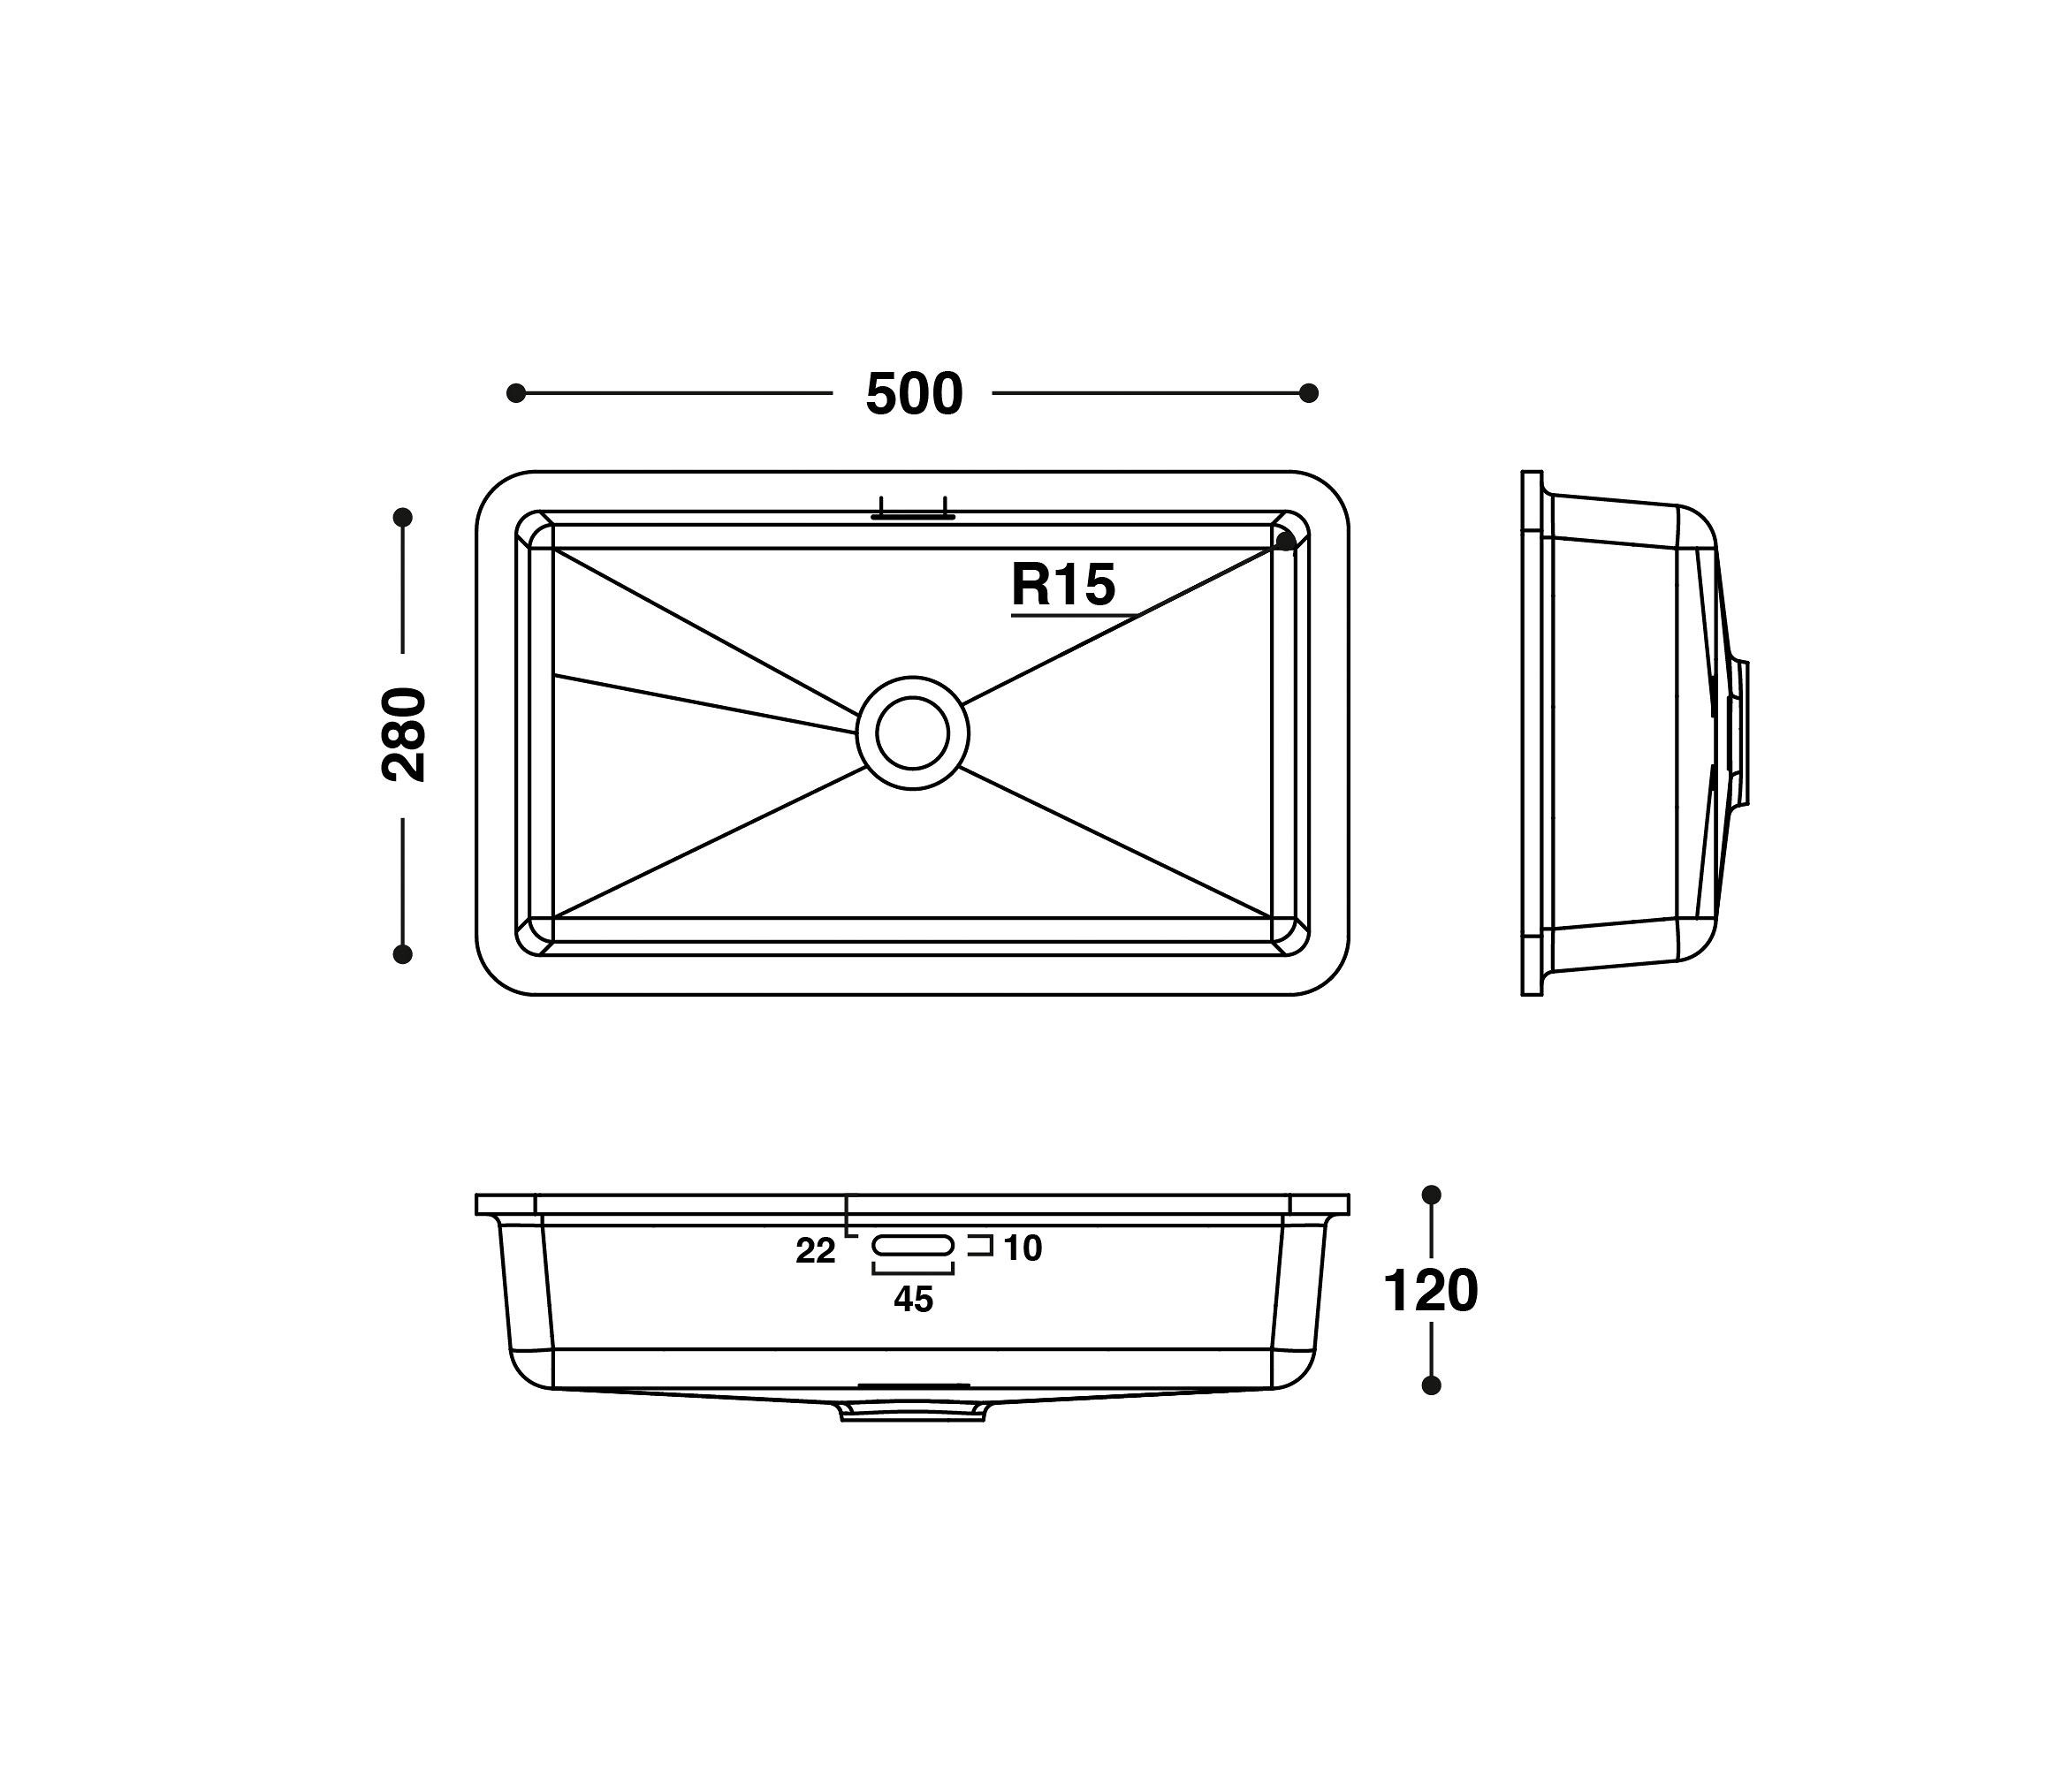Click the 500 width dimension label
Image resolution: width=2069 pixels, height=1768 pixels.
913,394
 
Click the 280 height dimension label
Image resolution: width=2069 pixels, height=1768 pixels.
405,735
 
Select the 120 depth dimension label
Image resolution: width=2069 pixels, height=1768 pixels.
1430,1291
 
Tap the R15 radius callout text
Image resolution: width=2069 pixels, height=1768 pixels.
1062,585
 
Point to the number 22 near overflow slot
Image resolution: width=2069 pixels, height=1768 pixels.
815,1251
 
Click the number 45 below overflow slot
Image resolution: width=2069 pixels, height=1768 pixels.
913,1299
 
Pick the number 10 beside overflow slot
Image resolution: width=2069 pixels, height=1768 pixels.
1023,1248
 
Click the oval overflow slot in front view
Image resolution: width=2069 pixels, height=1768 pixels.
913,1245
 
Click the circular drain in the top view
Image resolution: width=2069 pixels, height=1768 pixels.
913,733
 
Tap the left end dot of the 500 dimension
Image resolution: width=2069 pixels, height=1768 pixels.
516,393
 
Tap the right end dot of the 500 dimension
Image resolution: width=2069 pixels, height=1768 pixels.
1308,393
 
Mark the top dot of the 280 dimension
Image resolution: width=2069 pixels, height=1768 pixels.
403,517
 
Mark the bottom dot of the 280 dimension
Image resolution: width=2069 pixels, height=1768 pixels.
403,954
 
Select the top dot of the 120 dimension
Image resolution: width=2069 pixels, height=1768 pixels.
1431,1194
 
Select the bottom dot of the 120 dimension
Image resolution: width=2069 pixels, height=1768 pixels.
1431,1385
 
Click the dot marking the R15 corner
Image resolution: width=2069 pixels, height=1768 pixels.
1286,541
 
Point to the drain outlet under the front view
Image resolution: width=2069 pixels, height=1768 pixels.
913,1409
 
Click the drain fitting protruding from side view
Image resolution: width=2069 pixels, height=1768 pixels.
1739,732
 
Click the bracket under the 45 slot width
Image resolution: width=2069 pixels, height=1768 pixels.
913,1270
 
